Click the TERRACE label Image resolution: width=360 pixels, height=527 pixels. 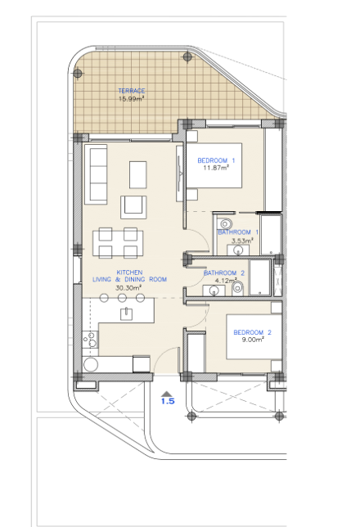click(132, 91)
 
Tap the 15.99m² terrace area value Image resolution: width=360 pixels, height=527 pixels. click(132, 99)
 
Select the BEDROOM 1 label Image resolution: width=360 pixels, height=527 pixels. click(216, 160)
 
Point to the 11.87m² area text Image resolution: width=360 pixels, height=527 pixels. click(216, 168)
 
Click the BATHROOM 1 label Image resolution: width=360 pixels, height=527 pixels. click(238, 232)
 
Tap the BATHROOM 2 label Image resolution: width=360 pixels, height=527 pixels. click(224, 273)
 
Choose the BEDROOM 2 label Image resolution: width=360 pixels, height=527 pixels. click(252, 332)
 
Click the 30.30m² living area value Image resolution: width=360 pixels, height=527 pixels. click(128, 288)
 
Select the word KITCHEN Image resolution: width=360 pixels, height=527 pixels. click(129, 273)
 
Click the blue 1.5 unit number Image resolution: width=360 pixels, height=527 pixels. click(168, 401)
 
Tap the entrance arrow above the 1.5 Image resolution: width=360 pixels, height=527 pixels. click(167, 394)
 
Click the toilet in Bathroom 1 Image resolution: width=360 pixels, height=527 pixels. click(225, 223)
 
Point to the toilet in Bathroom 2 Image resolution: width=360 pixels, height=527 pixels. click(237, 288)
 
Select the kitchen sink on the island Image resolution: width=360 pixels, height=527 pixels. click(126, 313)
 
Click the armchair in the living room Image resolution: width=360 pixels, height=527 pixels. click(134, 207)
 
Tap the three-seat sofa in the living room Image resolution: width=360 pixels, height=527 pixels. click(96, 174)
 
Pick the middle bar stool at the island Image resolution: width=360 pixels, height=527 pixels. click(122, 297)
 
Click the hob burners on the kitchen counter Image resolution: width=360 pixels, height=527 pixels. click(91, 339)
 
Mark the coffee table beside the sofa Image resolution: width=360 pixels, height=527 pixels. click(138, 175)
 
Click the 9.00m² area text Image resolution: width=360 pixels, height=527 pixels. click(253, 340)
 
